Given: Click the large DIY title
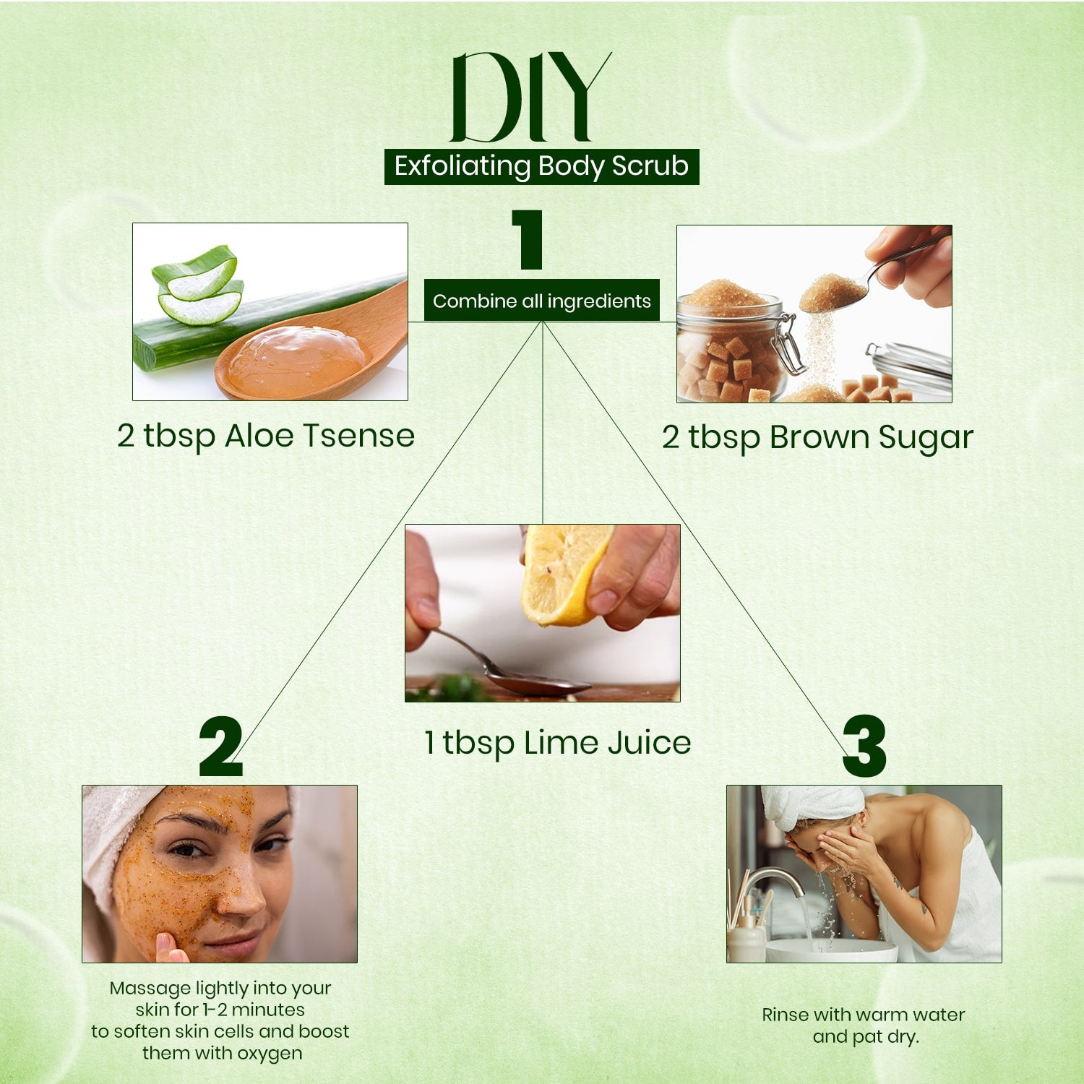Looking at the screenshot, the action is pos(531,97).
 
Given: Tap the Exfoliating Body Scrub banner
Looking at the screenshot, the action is pos(541,166).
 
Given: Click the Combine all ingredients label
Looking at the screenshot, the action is pos(542,301).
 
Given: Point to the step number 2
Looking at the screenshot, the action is pos(220,747).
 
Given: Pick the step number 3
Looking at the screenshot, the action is pos(864,747).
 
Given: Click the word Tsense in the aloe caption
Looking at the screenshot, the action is pos(358,436).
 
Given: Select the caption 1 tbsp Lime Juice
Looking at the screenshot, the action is pos(557,744).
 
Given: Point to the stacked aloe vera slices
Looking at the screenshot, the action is pos(197,285).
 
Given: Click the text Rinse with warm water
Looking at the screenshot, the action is pos(864,1015).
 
